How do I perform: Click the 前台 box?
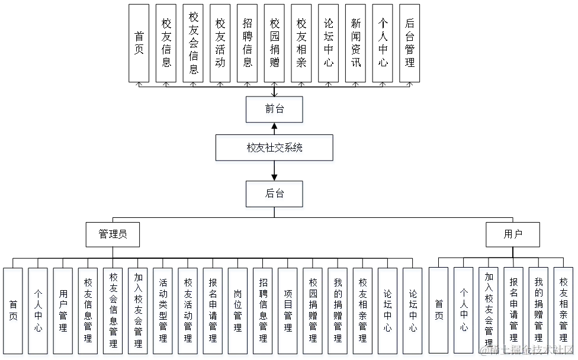(275, 110)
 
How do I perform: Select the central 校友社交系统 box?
(275, 149)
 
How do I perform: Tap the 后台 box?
(275, 195)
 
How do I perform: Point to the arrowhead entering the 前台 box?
(275, 126)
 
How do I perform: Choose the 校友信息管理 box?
(88, 311)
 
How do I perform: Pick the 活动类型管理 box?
(163, 311)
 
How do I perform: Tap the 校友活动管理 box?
(188, 311)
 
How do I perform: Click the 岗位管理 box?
(237, 311)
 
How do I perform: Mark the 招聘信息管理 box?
(263, 311)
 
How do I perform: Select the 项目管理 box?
(288, 311)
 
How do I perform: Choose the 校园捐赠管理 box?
(313, 311)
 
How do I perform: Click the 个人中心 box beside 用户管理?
(38, 311)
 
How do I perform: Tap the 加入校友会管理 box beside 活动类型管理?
(138, 311)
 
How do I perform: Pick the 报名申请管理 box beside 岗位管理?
(213, 311)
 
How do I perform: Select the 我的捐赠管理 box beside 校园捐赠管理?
(338, 311)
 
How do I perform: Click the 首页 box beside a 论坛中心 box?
(439, 311)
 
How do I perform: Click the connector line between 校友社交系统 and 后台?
(275, 173)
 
